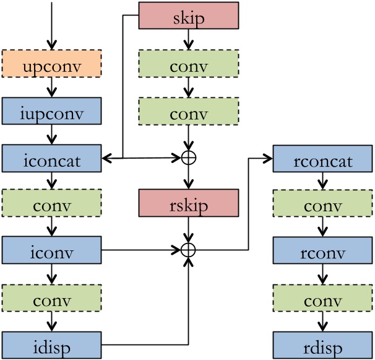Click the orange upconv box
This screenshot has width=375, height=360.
point(51,65)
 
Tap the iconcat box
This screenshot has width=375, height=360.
point(51,160)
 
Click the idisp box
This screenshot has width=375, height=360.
point(51,345)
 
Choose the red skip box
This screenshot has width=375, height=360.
point(188,15)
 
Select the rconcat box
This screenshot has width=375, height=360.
point(322,160)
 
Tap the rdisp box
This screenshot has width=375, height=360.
point(322,345)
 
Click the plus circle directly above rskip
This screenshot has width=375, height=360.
point(188,158)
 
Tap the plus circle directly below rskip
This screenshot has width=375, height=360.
point(188,250)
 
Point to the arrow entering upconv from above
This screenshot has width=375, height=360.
point(51,25)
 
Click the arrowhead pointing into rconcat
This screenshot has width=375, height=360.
point(269,159)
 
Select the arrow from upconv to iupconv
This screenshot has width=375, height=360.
point(51,89)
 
